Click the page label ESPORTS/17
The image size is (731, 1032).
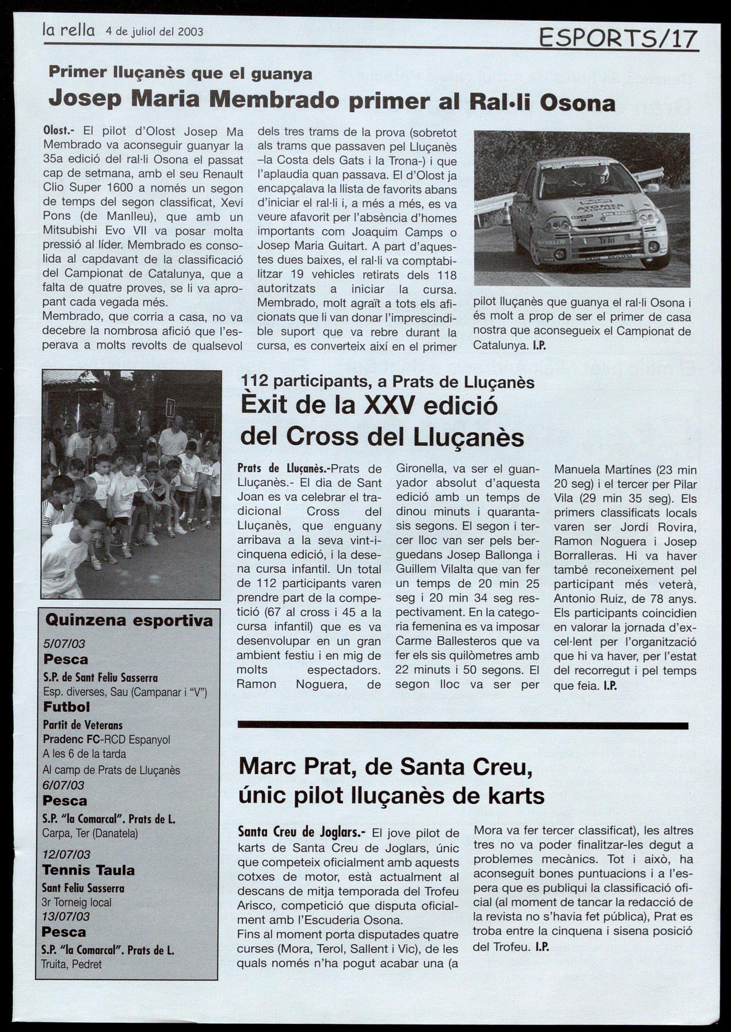coord(618,39)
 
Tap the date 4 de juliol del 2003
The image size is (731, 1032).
coord(154,32)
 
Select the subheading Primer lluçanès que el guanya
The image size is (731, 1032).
coord(180,73)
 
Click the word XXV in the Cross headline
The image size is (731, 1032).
coord(388,406)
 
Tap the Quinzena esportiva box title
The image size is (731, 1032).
coord(129,620)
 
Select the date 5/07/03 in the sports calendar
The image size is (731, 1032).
coord(64,644)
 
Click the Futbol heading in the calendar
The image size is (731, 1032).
coord(66,707)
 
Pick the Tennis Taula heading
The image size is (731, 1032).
coord(89,871)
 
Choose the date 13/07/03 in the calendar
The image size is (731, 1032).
coord(66,916)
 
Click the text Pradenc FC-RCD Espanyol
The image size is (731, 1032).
coord(106,740)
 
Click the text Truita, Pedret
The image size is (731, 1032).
coord(72,964)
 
